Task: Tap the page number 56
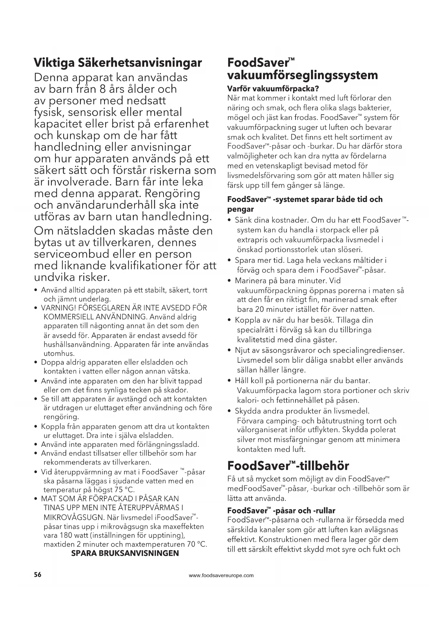(38, 575)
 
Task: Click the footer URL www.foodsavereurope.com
(221, 575)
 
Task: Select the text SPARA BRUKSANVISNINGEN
(125, 553)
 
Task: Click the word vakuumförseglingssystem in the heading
(303, 75)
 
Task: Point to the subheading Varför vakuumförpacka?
(273, 88)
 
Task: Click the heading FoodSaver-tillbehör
(288, 465)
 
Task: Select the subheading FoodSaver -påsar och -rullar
(281, 510)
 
